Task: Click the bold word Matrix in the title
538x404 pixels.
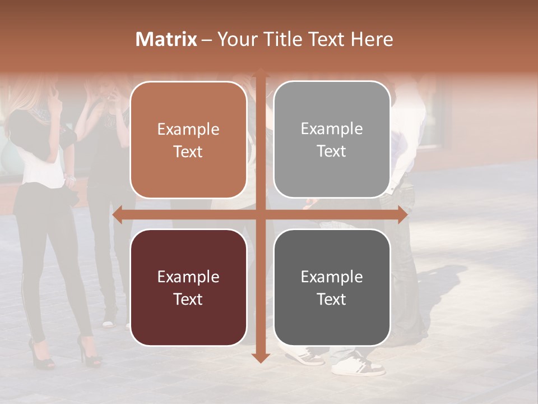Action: [166, 39]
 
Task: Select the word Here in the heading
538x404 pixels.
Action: [372, 39]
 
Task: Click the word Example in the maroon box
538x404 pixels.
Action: [188, 277]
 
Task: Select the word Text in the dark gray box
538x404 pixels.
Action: [332, 299]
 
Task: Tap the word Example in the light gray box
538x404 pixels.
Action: [332, 129]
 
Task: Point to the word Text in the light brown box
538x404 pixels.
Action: [188, 152]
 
